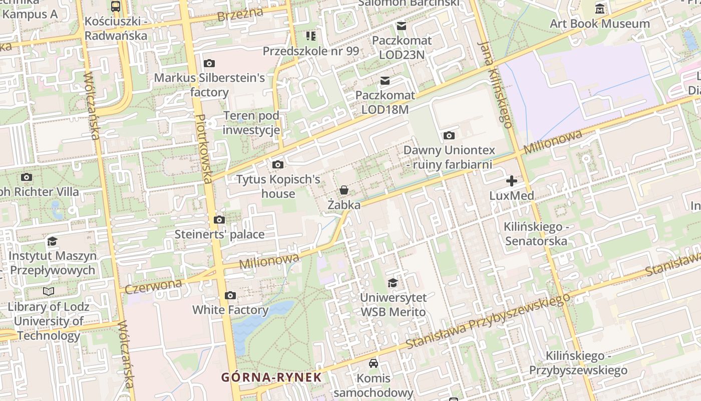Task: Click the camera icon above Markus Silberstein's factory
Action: point(209,63)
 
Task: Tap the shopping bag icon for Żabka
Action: point(344,190)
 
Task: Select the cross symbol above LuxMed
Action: point(512,180)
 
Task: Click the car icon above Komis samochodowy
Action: point(374,363)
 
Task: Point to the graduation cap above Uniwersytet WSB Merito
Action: point(393,283)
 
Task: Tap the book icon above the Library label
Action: point(49,291)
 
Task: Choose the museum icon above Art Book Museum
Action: point(600,9)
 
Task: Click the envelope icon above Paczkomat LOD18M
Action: point(385,81)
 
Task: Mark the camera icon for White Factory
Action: point(230,295)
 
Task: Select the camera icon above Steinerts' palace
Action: point(219,220)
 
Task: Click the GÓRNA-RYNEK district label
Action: point(271,377)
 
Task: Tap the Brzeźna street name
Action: point(233,16)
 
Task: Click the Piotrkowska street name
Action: point(204,148)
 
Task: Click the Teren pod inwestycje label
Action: point(251,123)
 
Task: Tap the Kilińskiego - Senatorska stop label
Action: point(536,234)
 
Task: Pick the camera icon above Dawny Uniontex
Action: point(449,135)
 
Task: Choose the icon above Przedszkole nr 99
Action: point(311,36)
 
